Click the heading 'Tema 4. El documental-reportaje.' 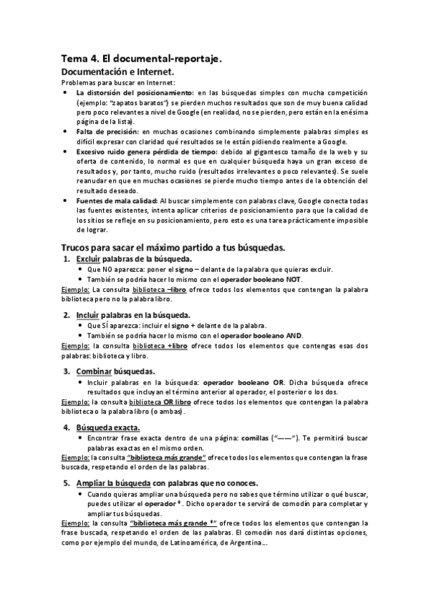(141, 60)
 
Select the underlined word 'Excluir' (89, 258)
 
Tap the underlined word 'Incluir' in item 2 (88, 316)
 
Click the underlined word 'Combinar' (94, 372)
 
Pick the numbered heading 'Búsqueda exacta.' (110, 428)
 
